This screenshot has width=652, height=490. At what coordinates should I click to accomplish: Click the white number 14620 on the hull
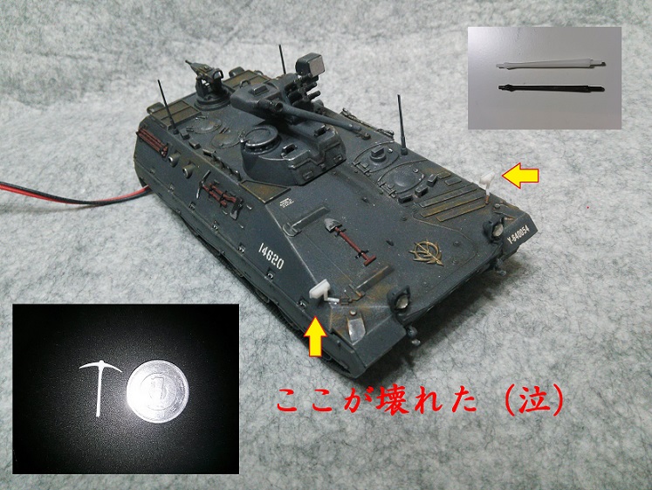tap(271, 255)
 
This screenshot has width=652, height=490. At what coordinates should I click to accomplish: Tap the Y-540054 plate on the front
tap(518, 235)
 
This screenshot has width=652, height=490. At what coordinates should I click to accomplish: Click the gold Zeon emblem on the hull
tap(427, 252)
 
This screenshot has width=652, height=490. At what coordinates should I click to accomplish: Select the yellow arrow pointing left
tap(520, 176)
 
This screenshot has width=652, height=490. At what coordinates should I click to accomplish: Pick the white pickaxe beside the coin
tap(99, 385)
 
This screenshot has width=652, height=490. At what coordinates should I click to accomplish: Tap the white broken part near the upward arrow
tap(322, 292)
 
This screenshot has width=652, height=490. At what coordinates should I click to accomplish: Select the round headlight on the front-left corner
tap(400, 300)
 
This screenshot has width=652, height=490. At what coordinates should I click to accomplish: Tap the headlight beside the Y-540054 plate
tap(495, 227)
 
